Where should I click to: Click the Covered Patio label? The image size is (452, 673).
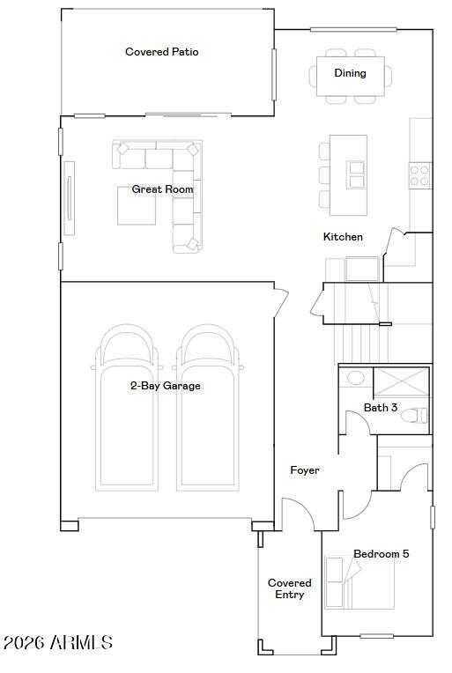point(161,52)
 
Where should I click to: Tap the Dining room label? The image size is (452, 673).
point(350,73)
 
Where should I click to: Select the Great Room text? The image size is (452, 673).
point(162,189)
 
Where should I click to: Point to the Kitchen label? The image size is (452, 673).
point(343,237)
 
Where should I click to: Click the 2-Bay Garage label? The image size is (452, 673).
point(165,386)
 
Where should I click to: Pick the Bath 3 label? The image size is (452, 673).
point(381,408)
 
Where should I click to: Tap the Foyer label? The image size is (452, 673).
point(305,470)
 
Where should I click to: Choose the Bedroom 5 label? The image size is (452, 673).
point(381,554)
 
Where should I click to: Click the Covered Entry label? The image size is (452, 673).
point(289,588)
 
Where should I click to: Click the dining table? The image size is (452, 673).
point(351,75)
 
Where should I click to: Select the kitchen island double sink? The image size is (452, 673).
point(356,174)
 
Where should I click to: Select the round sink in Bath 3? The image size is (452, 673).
point(356,378)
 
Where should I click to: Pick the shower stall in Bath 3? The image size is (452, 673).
point(401,384)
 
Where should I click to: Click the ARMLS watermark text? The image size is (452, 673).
point(57,643)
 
